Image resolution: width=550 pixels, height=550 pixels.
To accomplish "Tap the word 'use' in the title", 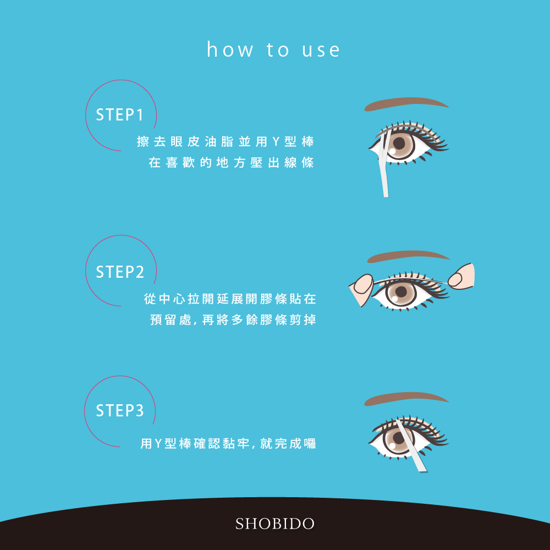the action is pyautogui.click(x=321, y=50).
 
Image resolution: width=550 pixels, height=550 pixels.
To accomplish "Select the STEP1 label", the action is pyautogui.click(x=119, y=115).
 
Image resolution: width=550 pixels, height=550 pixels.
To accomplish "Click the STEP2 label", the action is pyautogui.click(x=120, y=272).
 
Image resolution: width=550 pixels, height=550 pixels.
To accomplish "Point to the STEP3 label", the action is pyautogui.click(x=120, y=410).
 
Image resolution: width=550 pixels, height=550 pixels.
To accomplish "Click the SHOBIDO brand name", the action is pyautogui.click(x=274, y=524).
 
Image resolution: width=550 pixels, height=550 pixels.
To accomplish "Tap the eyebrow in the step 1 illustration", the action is pyautogui.click(x=406, y=104).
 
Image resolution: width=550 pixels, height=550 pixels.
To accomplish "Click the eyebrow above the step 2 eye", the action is pyautogui.click(x=408, y=256).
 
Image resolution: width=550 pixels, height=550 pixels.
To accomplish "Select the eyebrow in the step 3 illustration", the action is pyautogui.click(x=406, y=399).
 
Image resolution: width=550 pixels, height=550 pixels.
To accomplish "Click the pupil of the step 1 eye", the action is pyautogui.click(x=399, y=143).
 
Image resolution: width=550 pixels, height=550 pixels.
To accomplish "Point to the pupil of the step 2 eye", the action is pyautogui.click(x=400, y=291).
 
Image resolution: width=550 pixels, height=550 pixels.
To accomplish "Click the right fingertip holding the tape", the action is pyautogui.click(x=455, y=279).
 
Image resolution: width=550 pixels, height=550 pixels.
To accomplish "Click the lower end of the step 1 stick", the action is pyautogui.click(x=386, y=196).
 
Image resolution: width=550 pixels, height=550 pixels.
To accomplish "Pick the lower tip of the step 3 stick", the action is pyautogui.click(x=424, y=471).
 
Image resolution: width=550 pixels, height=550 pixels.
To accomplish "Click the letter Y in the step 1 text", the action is pyautogui.click(x=276, y=142).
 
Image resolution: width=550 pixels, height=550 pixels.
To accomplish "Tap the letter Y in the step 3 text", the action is pyautogui.click(x=158, y=444).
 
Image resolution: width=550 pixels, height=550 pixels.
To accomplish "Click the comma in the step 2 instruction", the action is pyautogui.click(x=195, y=323).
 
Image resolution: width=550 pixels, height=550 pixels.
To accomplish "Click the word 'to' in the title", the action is pyautogui.click(x=278, y=50).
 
